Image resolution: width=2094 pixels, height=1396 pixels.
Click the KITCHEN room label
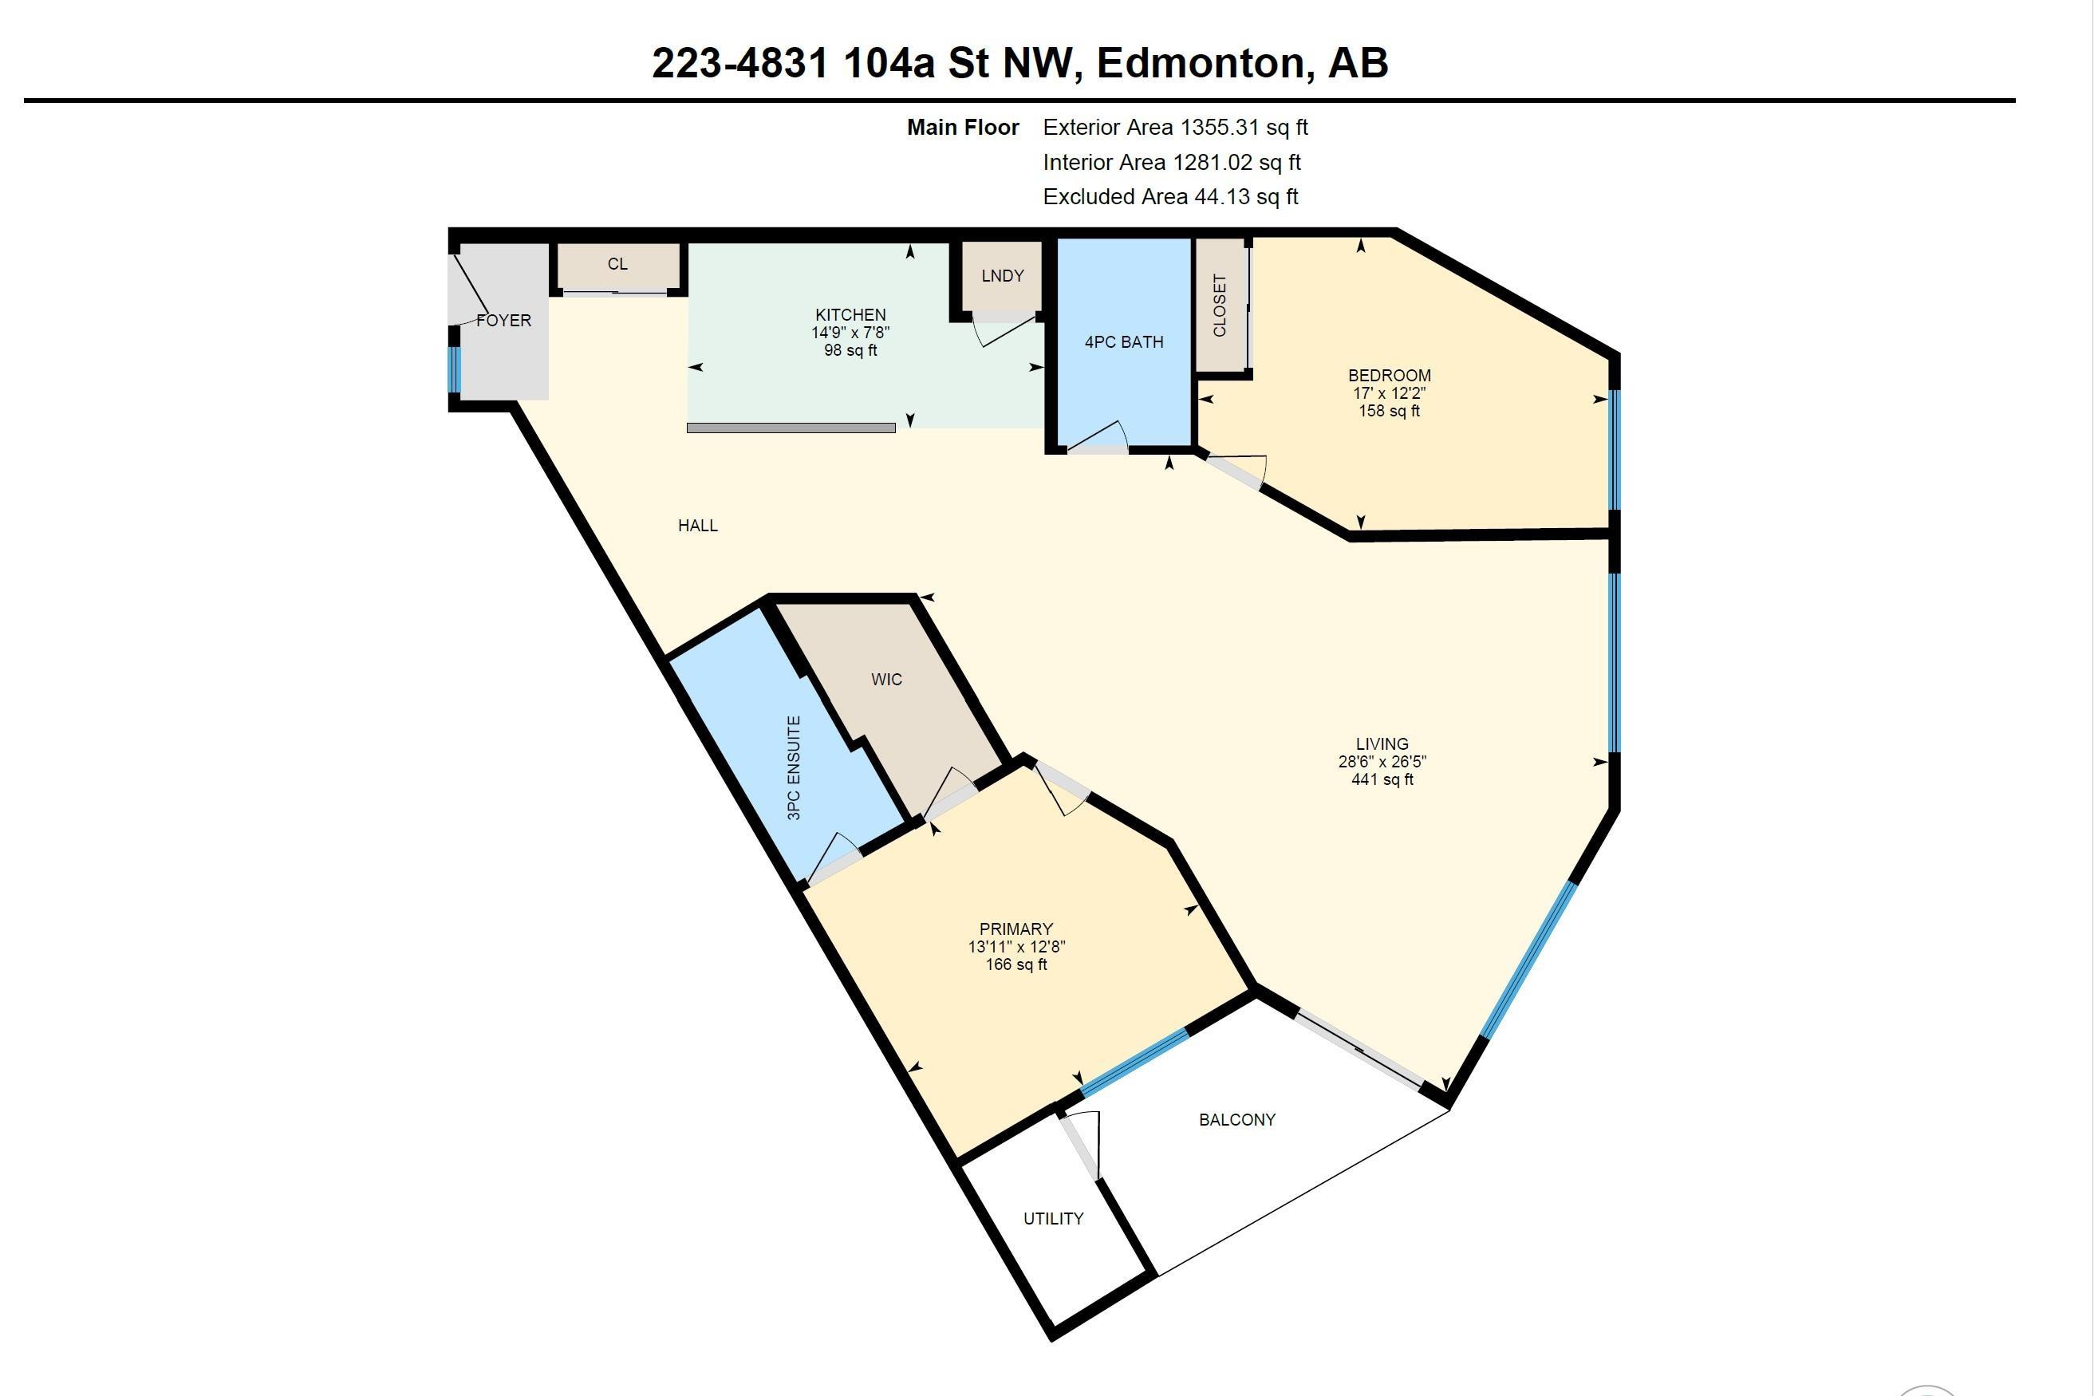(850, 314)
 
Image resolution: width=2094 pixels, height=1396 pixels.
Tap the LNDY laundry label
(1003, 276)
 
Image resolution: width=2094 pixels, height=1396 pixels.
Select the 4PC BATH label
(1123, 342)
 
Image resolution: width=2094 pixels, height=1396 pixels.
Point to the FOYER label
(503, 321)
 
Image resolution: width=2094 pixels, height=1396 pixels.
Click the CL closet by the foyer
(618, 264)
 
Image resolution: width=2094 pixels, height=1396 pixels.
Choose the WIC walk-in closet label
(885, 680)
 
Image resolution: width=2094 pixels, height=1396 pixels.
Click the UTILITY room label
(1053, 1219)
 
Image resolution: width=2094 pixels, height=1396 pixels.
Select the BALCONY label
(1236, 1120)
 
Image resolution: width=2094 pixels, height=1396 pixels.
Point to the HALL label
(698, 525)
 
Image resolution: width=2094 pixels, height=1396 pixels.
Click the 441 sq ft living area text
(1382, 780)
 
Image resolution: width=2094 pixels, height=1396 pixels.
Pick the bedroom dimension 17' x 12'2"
(1389, 393)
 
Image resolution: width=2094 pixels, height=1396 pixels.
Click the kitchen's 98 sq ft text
(850, 351)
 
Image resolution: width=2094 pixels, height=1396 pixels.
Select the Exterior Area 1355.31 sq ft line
(1174, 128)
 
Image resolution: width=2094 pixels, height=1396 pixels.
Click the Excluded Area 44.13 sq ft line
(1170, 197)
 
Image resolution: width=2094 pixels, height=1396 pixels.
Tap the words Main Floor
(962, 128)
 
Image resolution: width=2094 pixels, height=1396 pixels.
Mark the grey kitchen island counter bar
(791, 428)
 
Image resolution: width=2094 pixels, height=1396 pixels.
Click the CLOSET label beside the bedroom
(1220, 306)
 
